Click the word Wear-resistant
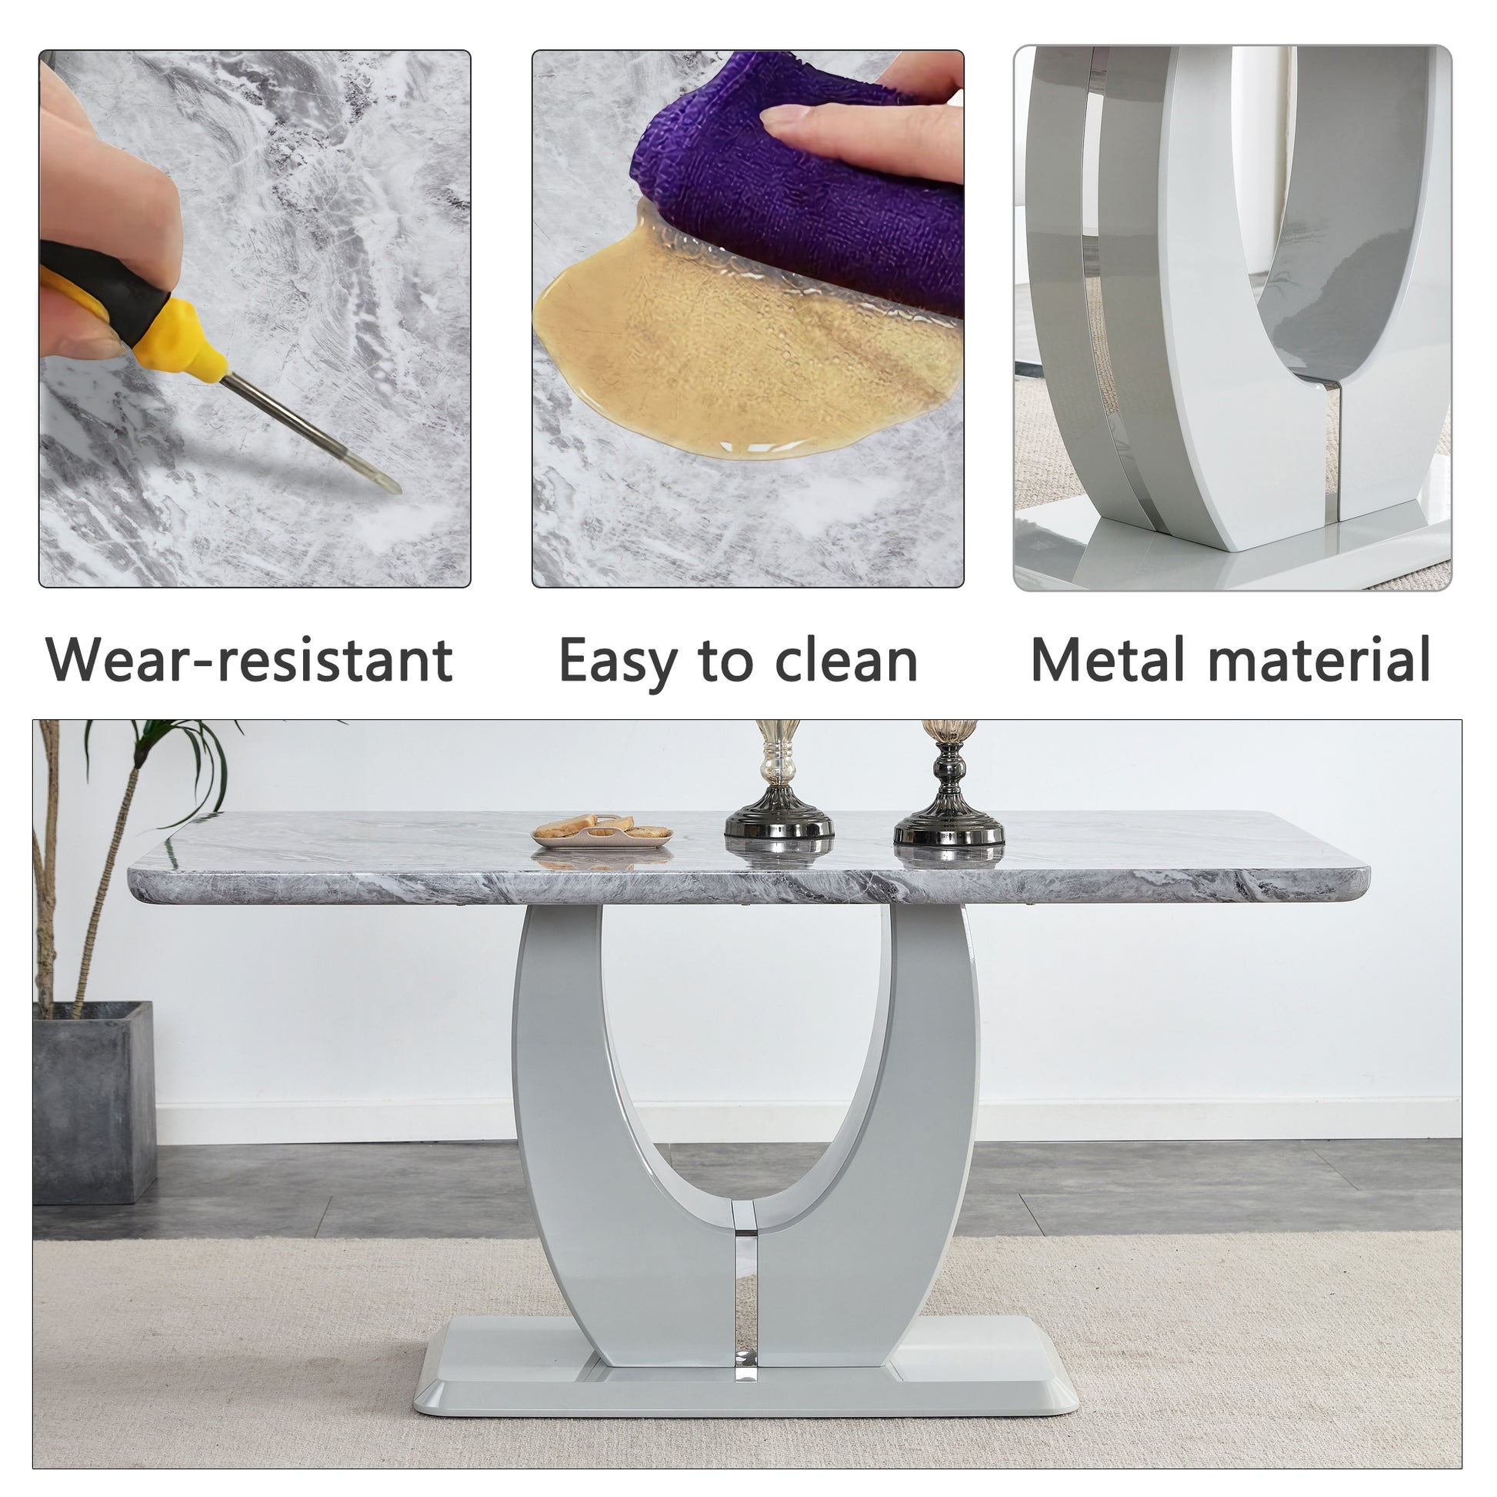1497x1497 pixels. pos(249,660)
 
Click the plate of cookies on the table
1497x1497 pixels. pos(602,831)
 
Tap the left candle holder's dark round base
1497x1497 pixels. pos(779,823)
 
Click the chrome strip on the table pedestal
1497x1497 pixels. pos(744,1282)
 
